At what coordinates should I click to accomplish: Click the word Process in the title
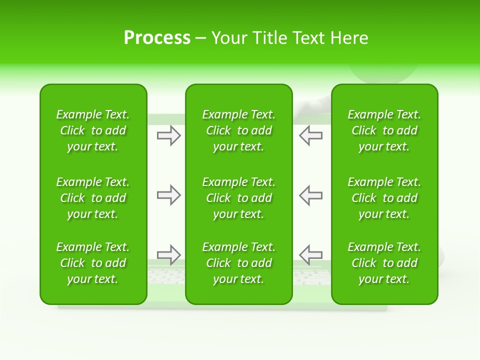(x=157, y=38)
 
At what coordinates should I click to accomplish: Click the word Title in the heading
(x=270, y=38)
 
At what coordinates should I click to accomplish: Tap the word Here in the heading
(x=349, y=38)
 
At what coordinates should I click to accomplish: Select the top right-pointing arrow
(x=168, y=135)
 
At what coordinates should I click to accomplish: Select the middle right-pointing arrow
(x=168, y=195)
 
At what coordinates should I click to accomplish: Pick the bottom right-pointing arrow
(x=168, y=255)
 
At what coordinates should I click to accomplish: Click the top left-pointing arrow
(x=311, y=135)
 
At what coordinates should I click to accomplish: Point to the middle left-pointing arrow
(x=311, y=195)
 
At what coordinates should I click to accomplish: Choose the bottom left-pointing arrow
(x=311, y=255)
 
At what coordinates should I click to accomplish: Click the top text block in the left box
(x=93, y=130)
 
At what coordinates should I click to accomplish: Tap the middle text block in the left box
(x=93, y=198)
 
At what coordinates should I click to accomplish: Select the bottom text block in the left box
(x=93, y=263)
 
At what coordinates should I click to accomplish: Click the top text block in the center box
(x=239, y=130)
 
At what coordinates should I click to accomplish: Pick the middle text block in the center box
(x=239, y=198)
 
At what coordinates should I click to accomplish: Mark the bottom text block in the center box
(x=239, y=263)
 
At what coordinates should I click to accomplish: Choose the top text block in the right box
(x=384, y=130)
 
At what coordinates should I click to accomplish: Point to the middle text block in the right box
(x=384, y=198)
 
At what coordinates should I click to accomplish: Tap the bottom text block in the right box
(x=384, y=263)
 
